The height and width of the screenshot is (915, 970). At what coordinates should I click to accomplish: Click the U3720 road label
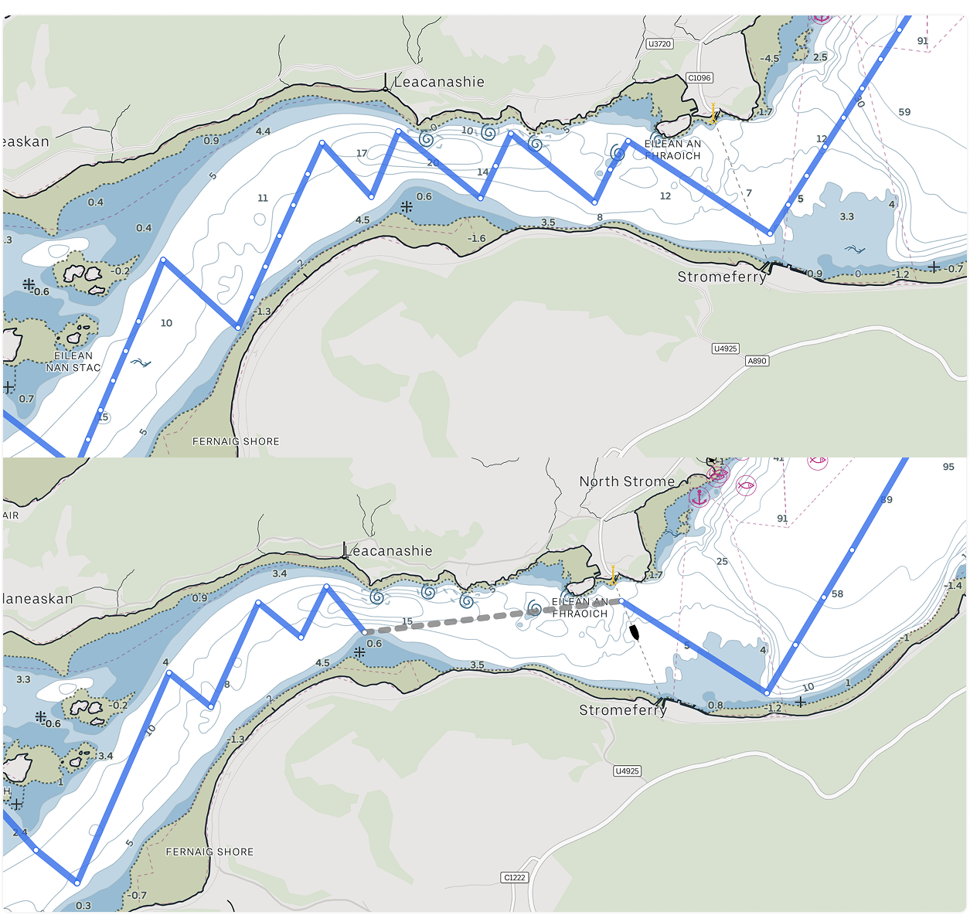coord(659,44)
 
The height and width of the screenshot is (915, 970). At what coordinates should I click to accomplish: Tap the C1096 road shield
coord(699,78)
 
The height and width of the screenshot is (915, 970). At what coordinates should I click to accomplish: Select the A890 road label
coord(757,361)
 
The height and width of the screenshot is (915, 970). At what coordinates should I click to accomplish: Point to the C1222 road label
coord(514,877)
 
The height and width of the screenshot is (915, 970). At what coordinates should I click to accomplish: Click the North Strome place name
coord(627,481)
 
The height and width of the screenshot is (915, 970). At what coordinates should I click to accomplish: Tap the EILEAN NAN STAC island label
coord(73,362)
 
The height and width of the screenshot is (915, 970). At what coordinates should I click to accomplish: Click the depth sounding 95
coord(948,467)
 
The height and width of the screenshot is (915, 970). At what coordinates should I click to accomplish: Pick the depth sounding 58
coord(837,594)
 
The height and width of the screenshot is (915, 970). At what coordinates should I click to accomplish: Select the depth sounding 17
coord(362,153)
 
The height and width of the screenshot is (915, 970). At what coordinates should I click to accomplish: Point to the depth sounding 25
coord(722,561)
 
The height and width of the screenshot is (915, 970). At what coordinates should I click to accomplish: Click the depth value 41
coord(778,459)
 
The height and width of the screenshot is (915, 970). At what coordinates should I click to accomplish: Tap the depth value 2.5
coord(820,57)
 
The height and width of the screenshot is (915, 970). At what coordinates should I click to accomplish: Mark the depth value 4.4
coord(263,131)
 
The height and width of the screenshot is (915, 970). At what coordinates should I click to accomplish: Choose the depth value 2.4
coord(20,832)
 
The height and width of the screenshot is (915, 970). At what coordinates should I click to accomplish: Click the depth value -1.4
coord(953,586)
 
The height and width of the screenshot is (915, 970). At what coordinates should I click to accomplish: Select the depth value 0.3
coord(83,906)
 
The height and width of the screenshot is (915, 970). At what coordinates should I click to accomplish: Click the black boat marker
coord(635,631)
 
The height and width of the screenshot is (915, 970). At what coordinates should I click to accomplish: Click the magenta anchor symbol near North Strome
coord(699,497)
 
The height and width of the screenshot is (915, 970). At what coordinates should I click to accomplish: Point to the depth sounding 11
coord(263,198)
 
